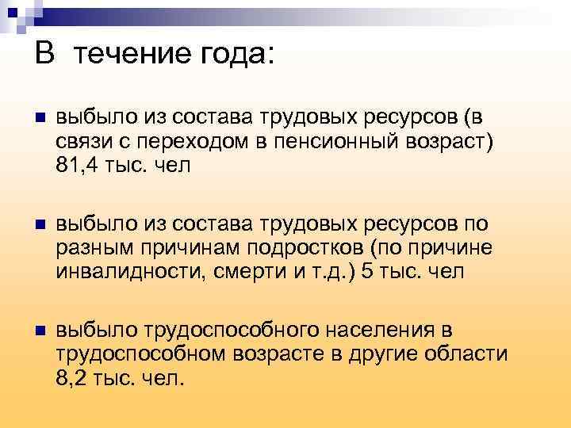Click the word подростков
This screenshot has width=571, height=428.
316,248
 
